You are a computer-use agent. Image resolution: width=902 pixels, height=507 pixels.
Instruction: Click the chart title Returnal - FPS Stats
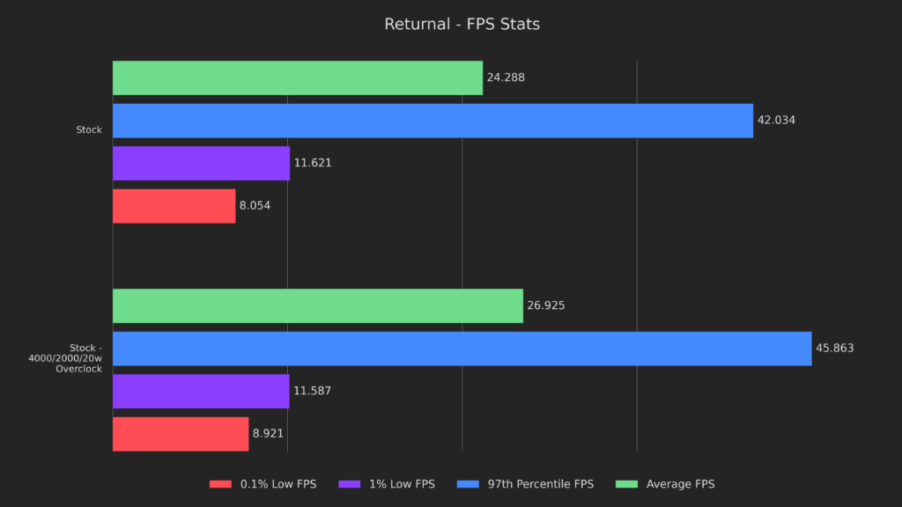pos(462,25)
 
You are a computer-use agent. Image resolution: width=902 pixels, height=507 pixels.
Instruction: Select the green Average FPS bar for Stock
pos(298,77)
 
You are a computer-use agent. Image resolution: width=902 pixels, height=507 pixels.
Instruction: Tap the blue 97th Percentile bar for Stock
pos(433,121)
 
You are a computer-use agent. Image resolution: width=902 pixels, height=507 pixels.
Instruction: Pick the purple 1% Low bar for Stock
pos(201,163)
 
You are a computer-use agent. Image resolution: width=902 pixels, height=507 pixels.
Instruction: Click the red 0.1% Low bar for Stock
pos(174,206)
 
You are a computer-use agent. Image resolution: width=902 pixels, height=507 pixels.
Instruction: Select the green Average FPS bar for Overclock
pos(317,305)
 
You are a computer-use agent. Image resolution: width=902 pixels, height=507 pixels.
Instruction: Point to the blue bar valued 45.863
pos(462,349)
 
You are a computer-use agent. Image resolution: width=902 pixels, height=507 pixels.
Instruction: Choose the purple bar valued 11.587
pos(201,391)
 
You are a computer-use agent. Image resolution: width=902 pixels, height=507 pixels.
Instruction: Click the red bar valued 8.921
pos(181,434)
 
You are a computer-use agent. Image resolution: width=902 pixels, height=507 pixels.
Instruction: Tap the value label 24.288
pos(506,77)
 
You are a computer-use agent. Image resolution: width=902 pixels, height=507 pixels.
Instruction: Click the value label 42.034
pos(776,121)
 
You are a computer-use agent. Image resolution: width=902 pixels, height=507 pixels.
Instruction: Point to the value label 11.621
pos(313,163)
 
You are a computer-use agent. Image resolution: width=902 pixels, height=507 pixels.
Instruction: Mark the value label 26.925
pos(546,305)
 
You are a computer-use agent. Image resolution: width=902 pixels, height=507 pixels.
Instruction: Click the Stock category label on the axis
pos(89,130)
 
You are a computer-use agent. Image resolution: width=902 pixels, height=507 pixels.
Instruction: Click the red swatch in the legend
pos(220,484)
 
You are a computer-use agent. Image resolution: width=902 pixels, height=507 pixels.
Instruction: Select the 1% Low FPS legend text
pos(403,484)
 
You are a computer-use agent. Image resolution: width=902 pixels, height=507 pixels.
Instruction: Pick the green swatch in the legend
pos(626,484)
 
